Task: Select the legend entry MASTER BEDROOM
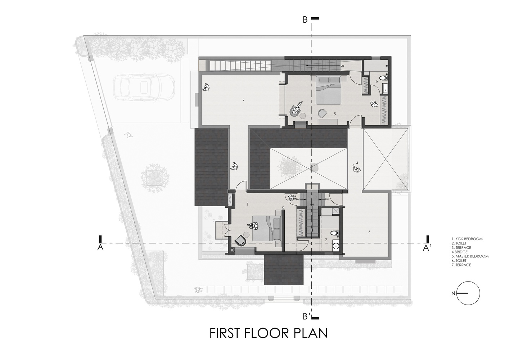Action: (470, 256)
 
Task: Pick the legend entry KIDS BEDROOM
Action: (467, 239)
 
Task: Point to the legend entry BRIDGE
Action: (460, 252)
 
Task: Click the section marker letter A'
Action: (426, 249)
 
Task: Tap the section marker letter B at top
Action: (305, 20)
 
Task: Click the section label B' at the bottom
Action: (307, 316)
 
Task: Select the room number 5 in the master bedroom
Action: (335, 114)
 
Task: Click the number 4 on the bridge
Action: (357, 163)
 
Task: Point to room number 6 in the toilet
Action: (377, 81)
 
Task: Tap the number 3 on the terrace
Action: (369, 232)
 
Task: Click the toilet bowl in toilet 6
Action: (384, 78)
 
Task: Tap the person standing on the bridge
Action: (357, 169)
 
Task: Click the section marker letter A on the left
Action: (100, 248)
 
